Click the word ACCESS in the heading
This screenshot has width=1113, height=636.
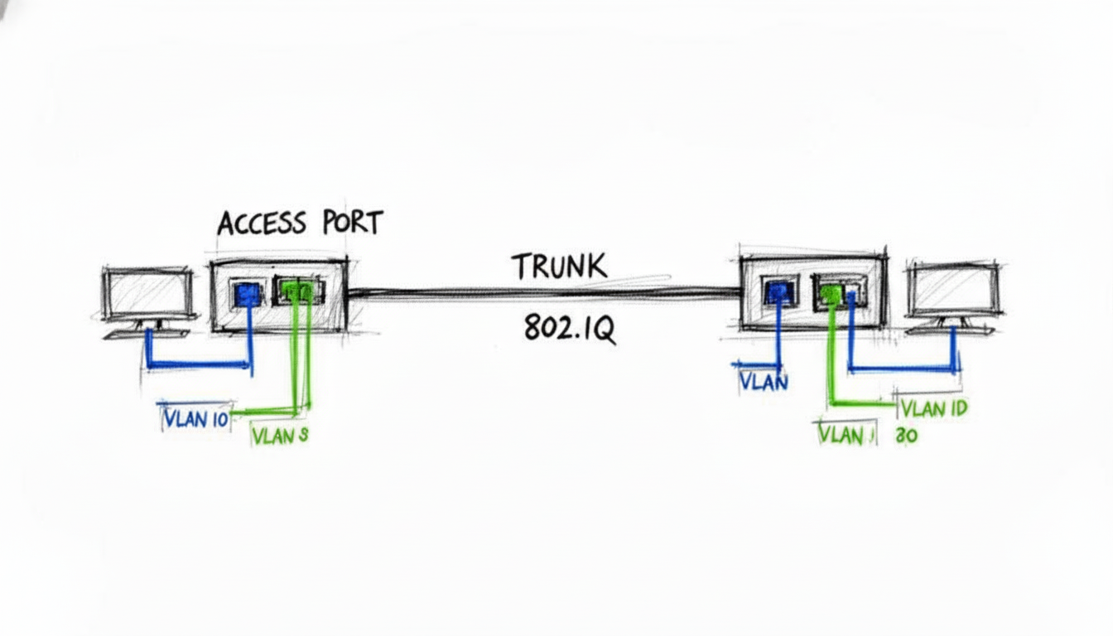point(261,224)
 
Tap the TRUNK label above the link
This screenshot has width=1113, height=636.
point(560,267)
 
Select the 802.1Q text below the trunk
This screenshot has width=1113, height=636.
point(569,329)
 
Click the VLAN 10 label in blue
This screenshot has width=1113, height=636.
point(195,418)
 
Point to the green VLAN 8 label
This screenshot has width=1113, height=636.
point(280,436)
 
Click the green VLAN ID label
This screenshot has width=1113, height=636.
point(933,407)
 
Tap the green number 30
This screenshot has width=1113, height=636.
point(906,436)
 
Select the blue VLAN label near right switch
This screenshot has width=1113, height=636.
point(764,382)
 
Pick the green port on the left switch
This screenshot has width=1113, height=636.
point(296,291)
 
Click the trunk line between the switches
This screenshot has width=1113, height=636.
point(542,291)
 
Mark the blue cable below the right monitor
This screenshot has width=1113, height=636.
point(903,368)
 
